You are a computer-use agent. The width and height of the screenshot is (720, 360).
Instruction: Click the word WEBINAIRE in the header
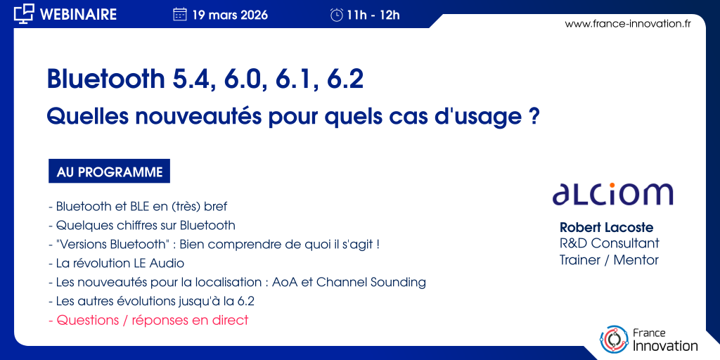(79, 14)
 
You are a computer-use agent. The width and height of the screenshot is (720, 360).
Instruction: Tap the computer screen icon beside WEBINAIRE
(24, 14)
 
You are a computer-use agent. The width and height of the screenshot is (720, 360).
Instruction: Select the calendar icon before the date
(180, 15)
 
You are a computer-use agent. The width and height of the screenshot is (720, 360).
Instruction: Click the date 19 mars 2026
(230, 15)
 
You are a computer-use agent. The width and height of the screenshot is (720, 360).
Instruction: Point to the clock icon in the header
(337, 15)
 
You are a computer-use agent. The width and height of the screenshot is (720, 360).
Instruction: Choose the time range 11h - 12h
(373, 15)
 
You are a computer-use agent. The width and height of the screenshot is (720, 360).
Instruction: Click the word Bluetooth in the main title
(105, 79)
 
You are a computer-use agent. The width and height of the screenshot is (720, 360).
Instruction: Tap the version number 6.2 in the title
(345, 79)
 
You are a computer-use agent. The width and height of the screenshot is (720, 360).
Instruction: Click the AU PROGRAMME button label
(109, 172)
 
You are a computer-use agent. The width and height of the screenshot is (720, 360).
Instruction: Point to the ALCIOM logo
(612, 193)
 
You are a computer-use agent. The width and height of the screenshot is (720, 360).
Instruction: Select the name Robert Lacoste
(606, 227)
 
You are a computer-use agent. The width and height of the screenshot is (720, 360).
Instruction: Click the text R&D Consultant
(610, 243)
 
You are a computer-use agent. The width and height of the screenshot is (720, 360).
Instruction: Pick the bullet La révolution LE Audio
(116, 263)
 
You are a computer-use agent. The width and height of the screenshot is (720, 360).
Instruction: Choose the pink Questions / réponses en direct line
(148, 320)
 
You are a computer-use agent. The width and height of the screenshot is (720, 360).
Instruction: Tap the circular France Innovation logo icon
(614, 340)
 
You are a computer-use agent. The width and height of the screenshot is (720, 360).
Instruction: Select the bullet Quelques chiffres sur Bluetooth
(142, 226)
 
